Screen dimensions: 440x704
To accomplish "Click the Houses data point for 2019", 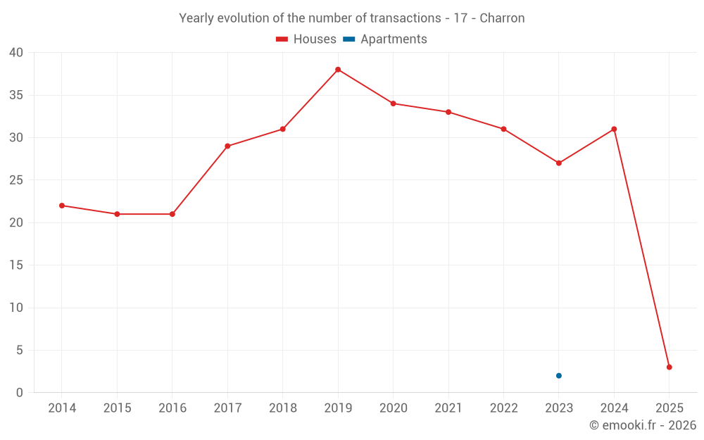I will pos(338,70).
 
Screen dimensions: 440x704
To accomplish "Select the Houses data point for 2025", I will pos(669,367).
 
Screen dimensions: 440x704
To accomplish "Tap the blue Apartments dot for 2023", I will pos(559,375).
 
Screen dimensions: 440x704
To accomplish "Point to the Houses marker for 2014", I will pos(62,206).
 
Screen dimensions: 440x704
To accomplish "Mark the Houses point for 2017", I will pos(227,146).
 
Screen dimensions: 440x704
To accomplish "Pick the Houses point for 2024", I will pos(614,129).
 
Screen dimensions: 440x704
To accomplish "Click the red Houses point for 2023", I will pos(559,163).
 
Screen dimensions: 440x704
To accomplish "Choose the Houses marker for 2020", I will pos(394,103).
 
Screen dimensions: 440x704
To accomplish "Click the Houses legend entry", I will pos(306,39).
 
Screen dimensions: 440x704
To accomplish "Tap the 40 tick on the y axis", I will pos(16,53).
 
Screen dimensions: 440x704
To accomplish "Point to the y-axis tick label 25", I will pos(16,180).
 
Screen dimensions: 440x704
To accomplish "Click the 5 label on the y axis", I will pos(20,350).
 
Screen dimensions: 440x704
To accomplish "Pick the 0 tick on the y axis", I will pos(20,393).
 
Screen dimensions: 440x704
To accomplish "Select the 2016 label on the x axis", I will pos(172,408).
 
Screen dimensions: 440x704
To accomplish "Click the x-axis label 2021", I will pos(448,408).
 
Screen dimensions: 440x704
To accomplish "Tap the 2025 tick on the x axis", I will pos(669,408).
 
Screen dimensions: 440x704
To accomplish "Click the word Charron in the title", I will pos(502,18).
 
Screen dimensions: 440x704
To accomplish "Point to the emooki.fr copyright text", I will pos(643,425).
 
